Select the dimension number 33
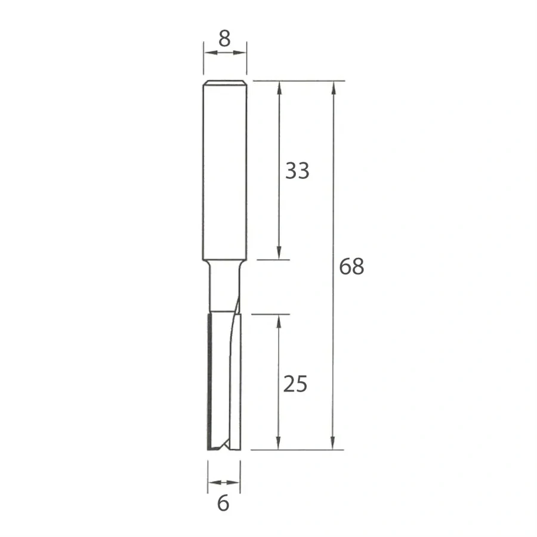[297, 171]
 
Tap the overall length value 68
[351, 267]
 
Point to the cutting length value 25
[295, 385]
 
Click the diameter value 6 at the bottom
[224, 504]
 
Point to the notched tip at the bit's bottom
[223, 445]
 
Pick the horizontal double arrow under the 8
[224, 53]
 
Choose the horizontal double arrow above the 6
[224, 482]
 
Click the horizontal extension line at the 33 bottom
[271, 260]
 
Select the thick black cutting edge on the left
[208, 382]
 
